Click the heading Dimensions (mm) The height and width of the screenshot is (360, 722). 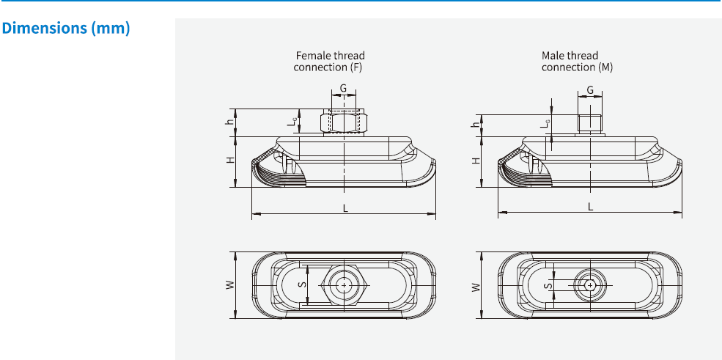67,29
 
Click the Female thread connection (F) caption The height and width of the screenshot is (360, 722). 329,61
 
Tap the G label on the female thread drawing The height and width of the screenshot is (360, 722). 343,89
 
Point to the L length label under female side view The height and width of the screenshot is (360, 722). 345,207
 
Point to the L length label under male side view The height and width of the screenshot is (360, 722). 591,207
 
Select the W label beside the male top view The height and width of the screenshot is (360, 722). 476,285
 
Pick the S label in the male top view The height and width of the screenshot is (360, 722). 546,285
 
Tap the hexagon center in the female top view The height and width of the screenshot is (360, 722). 344,285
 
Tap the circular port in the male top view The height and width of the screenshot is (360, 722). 589,285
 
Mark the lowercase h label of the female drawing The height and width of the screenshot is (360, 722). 230,122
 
